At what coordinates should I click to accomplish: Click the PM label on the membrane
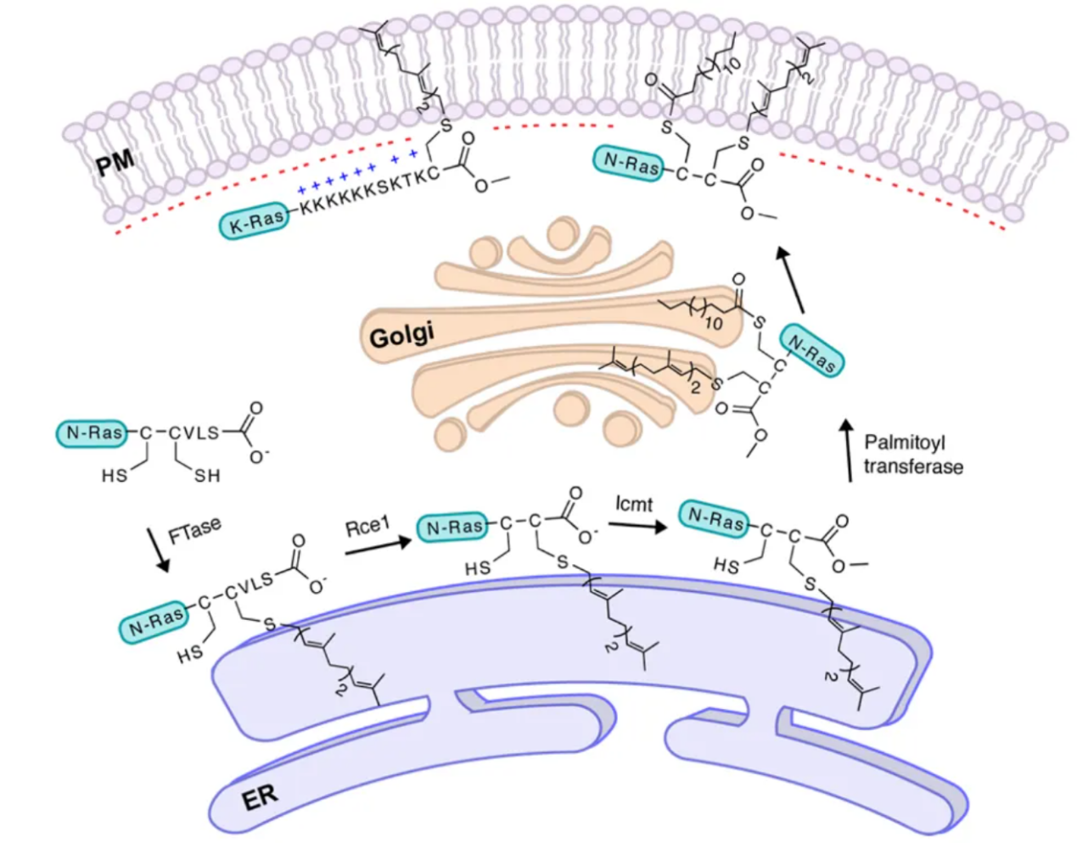click(x=115, y=161)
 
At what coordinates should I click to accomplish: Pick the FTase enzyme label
click(x=194, y=532)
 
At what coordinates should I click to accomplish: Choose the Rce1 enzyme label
click(x=367, y=527)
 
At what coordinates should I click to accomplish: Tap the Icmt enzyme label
click(x=634, y=505)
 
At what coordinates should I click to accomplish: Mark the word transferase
click(x=913, y=466)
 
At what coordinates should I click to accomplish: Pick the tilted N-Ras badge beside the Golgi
click(x=811, y=349)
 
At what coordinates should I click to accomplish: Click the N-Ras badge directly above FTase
click(x=94, y=433)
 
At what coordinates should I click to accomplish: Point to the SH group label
click(x=207, y=476)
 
